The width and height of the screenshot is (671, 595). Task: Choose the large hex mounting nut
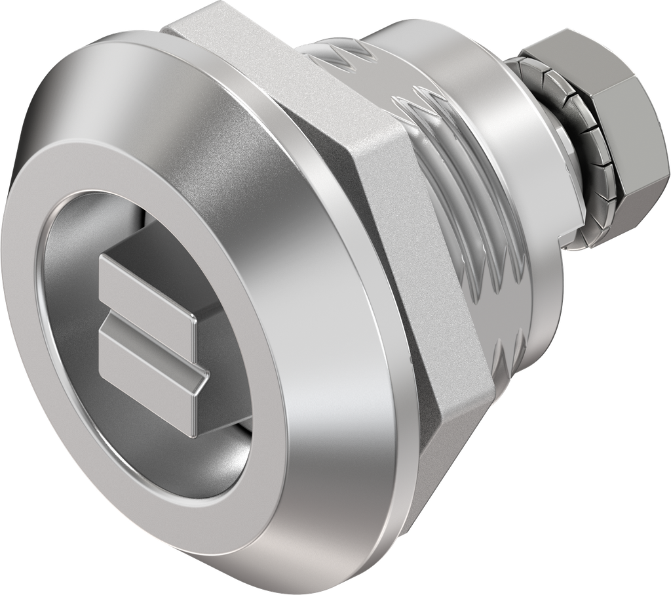(x=367, y=216)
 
